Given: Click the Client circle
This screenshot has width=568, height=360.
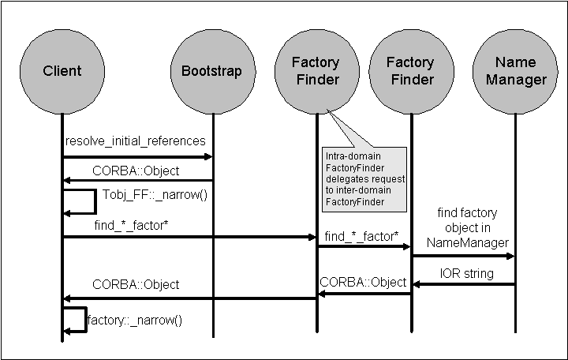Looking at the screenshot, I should pyautogui.click(x=62, y=72).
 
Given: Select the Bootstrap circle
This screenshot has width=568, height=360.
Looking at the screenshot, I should pyautogui.click(x=206, y=72).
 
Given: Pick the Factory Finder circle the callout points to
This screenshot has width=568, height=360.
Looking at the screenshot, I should pyautogui.click(x=316, y=71).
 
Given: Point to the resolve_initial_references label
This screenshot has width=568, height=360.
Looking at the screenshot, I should pyautogui.click(x=136, y=141).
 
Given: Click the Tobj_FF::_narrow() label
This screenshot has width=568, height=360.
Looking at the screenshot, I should pyautogui.click(x=155, y=194).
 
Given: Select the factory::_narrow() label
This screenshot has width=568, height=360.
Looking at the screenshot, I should pyautogui.click(x=134, y=321).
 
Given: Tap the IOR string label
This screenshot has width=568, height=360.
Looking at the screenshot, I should pyautogui.click(x=466, y=273).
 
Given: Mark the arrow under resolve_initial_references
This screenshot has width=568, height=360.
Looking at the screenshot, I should pyautogui.click(x=137, y=157).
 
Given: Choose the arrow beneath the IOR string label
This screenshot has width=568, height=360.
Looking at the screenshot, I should pyautogui.click(x=463, y=285).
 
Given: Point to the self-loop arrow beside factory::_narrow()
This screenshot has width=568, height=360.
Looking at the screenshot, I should pyautogui.click(x=76, y=319).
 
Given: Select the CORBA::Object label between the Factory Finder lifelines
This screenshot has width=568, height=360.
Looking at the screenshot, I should pyautogui.click(x=363, y=282).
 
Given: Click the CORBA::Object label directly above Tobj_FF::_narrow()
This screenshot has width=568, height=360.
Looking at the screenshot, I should pyautogui.click(x=136, y=171).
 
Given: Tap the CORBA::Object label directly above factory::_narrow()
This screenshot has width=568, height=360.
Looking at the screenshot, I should pyautogui.click(x=136, y=284).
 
